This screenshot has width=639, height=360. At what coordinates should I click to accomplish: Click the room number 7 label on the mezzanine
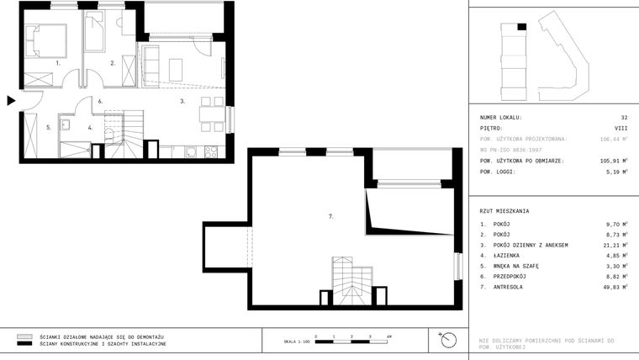tap(331, 216)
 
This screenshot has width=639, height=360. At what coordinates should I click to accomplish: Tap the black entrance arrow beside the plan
tap(11, 101)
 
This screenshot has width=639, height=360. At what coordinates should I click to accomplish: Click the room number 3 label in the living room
tap(182, 101)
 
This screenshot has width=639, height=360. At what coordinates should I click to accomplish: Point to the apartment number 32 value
tap(624, 118)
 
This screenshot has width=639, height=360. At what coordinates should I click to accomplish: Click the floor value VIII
tap(622, 129)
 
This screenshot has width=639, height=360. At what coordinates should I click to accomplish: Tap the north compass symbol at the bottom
tap(447, 341)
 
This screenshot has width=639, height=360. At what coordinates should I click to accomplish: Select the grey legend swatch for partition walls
tap(24, 336)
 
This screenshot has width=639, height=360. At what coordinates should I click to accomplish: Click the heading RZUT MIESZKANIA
tap(505, 211)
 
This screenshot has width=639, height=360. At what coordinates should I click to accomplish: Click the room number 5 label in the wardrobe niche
tap(48, 128)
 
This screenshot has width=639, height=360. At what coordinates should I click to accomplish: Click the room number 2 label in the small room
tap(113, 63)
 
